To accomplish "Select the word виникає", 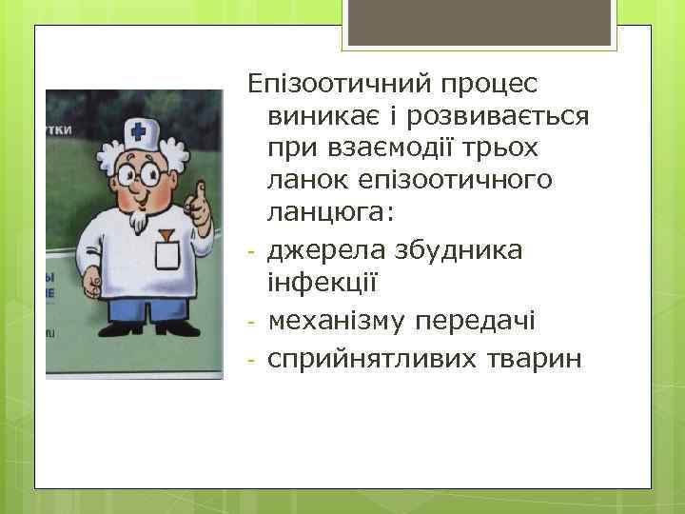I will pos(323,117).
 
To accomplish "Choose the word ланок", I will pos(304,179).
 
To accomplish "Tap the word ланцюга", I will pos(318,211).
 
